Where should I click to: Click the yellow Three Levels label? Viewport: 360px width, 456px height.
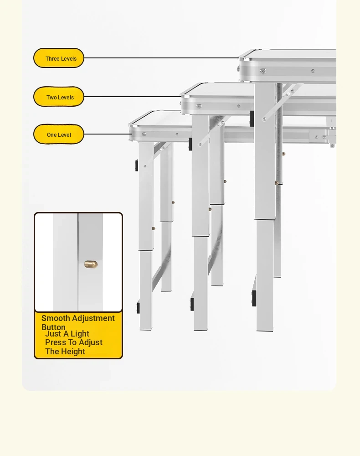tap(59, 58)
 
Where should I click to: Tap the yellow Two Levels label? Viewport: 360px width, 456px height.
tap(59, 97)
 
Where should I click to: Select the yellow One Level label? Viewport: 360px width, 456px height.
tap(59, 135)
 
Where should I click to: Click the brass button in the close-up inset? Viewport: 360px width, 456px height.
tap(91, 264)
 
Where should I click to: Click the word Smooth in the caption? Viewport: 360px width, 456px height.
tap(56, 318)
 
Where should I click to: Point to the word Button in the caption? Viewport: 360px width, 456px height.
tap(53, 327)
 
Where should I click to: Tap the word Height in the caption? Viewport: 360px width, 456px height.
tap(73, 352)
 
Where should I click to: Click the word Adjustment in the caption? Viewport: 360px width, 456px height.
tap(93, 318)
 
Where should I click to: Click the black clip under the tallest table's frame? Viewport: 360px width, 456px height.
tap(252, 119)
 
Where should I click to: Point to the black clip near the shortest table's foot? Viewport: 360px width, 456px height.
tap(139, 308)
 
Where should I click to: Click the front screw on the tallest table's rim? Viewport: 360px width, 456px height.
tap(263, 71)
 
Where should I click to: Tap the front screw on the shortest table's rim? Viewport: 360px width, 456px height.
tap(144, 134)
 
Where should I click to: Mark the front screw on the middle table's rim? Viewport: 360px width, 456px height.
tap(199, 106)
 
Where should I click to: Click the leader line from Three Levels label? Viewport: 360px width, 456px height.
tap(162, 58)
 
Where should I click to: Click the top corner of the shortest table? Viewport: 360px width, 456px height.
tap(130, 125)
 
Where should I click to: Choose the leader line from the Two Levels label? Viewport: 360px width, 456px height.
tap(133, 97)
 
